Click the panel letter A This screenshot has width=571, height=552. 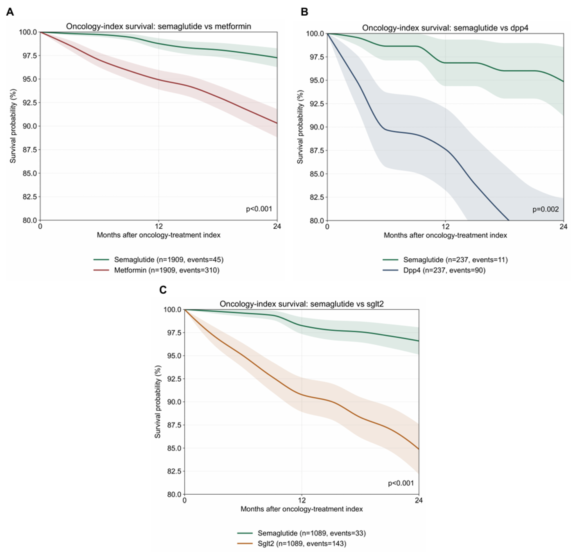click(10, 13)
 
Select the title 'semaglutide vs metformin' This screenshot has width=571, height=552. click(159, 26)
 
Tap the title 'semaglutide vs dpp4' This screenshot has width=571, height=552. click(445, 28)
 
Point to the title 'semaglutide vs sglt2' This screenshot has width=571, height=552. click(302, 304)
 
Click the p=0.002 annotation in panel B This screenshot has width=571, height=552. click(545, 209)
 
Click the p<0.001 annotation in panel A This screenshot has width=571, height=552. click(259, 209)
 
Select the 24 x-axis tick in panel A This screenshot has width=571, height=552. click(277, 226)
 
